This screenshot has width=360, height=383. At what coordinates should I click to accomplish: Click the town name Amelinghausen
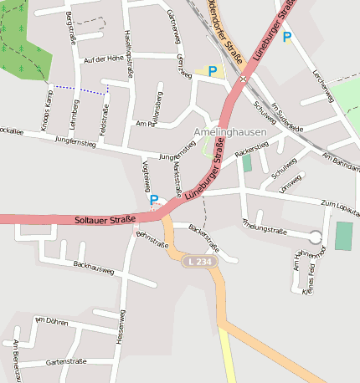(x=229, y=132)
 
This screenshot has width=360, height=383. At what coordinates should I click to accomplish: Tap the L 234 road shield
(x=198, y=262)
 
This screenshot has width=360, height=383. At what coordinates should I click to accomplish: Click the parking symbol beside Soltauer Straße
(x=154, y=200)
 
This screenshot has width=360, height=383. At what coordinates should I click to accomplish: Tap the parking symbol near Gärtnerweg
(x=212, y=71)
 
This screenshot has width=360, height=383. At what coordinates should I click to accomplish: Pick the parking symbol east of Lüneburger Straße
(x=287, y=36)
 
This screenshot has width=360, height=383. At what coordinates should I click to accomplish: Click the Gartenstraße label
(x=66, y=361)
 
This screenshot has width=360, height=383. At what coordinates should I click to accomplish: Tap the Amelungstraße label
(x=264, y=227)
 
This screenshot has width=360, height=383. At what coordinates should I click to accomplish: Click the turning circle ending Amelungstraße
(x=316, y=237)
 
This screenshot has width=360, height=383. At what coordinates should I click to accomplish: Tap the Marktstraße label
(x=176, y=178)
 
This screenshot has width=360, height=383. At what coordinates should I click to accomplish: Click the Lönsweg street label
(x=290, y=182)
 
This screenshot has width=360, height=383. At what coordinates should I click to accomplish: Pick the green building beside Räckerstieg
(x=247, y=162)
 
